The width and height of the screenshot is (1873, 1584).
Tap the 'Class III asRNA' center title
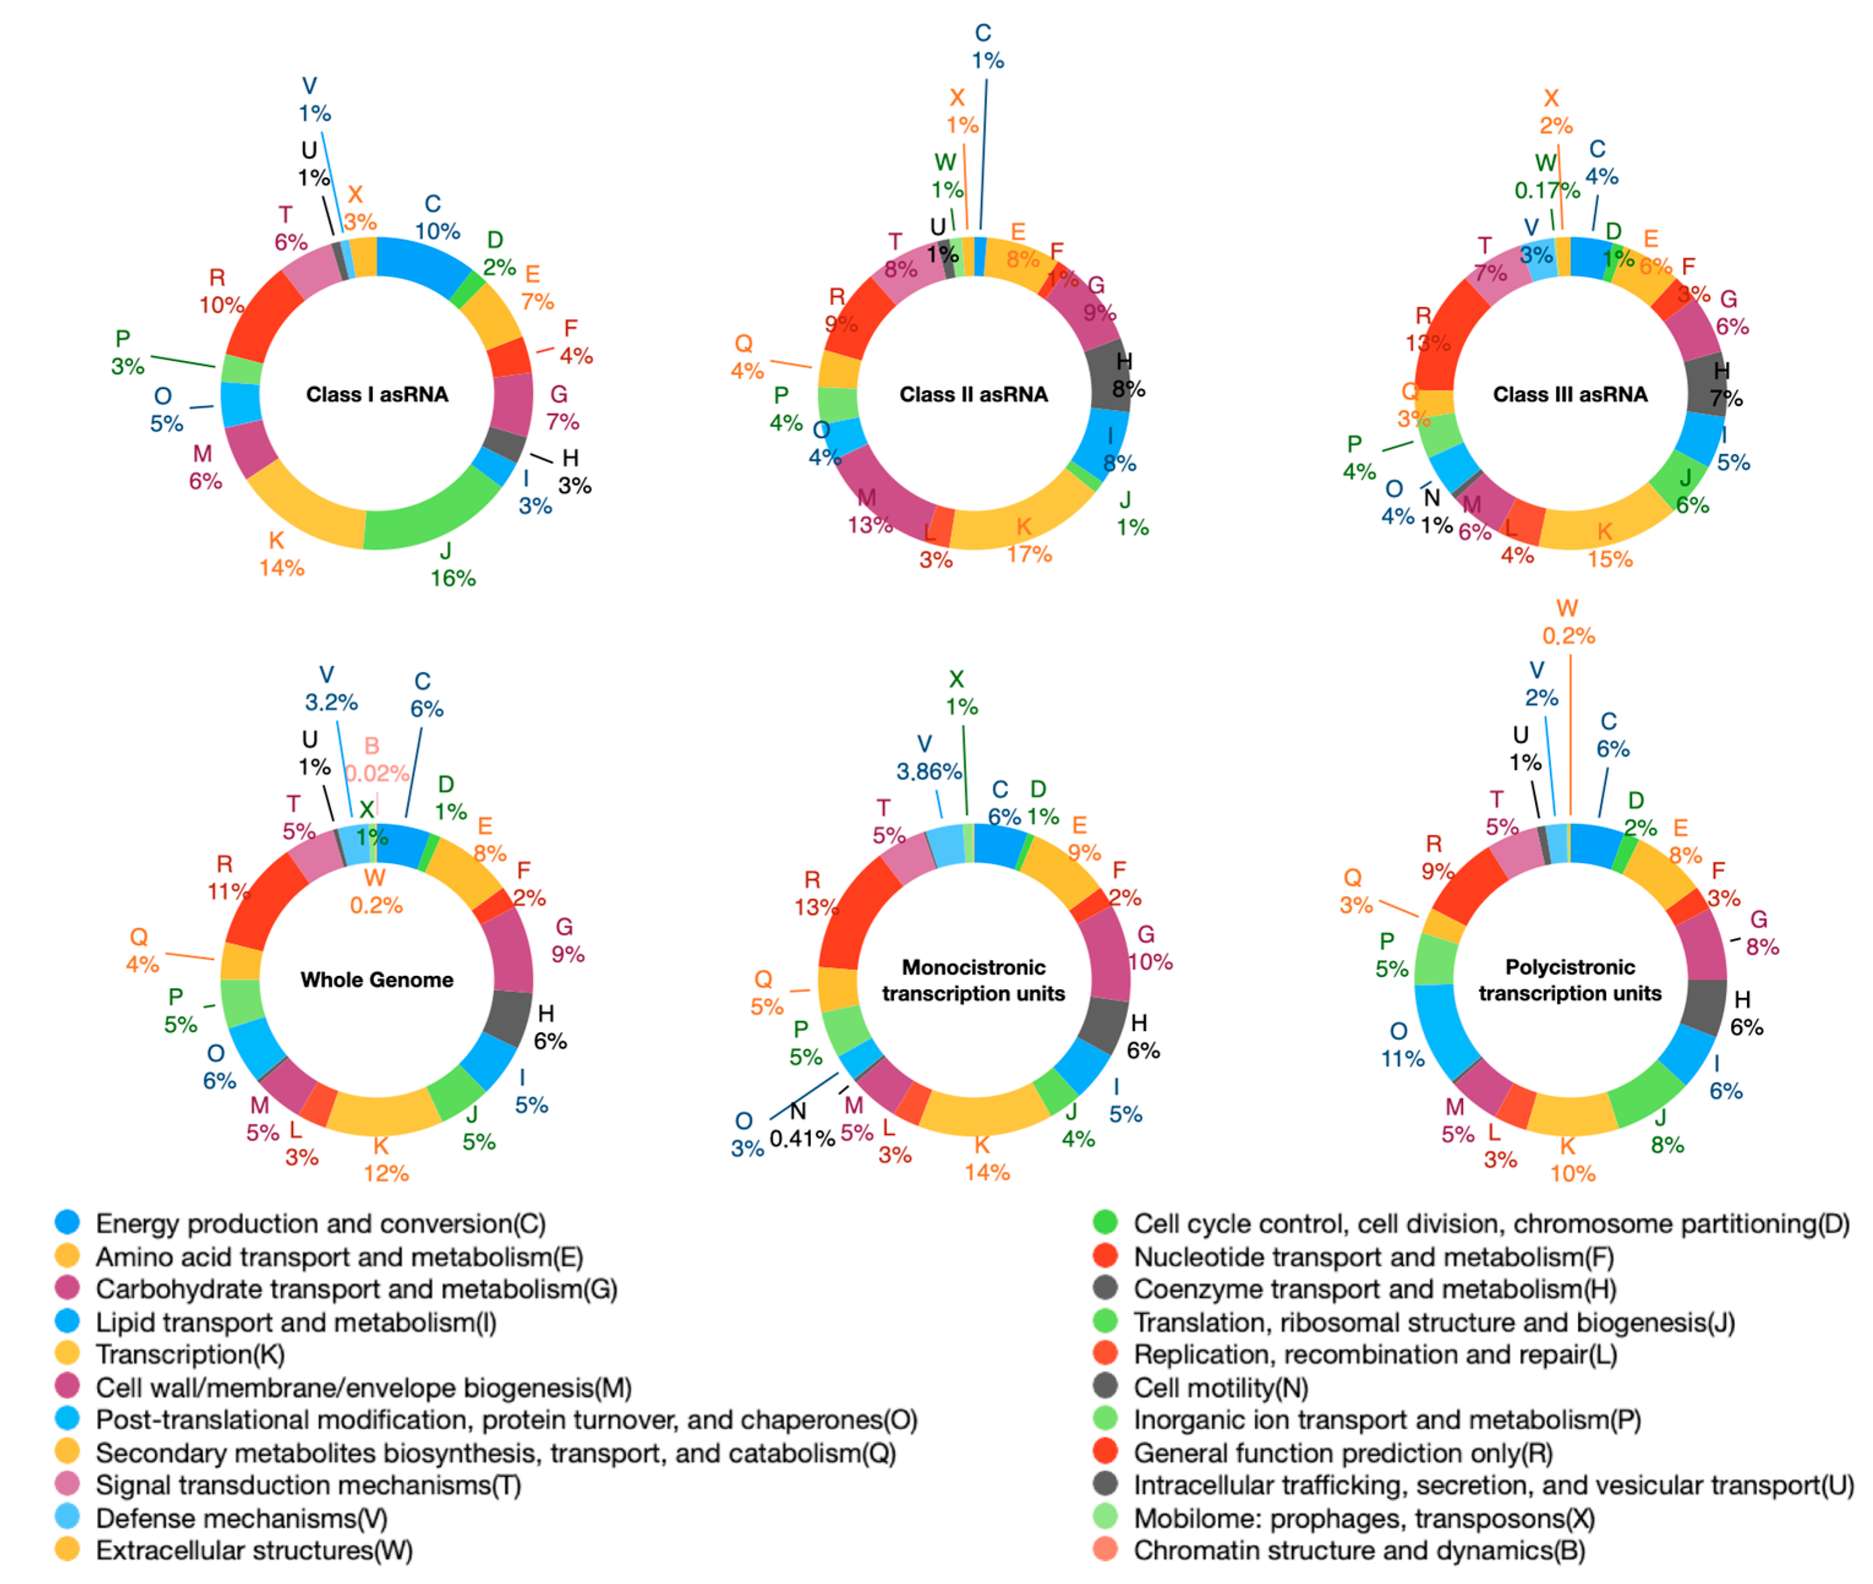click(x=1570, y=394)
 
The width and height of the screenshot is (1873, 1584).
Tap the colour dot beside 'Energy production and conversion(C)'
click(x=67, y=1222)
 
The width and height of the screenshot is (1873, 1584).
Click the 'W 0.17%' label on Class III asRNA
click(x=1546, y=176)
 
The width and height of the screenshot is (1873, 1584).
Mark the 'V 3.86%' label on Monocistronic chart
click(x=929, y=757)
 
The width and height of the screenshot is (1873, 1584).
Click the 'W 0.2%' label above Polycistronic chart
click(x=1568, y=622)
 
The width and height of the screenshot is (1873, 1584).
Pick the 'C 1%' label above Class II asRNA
click(x=986, y=46)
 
